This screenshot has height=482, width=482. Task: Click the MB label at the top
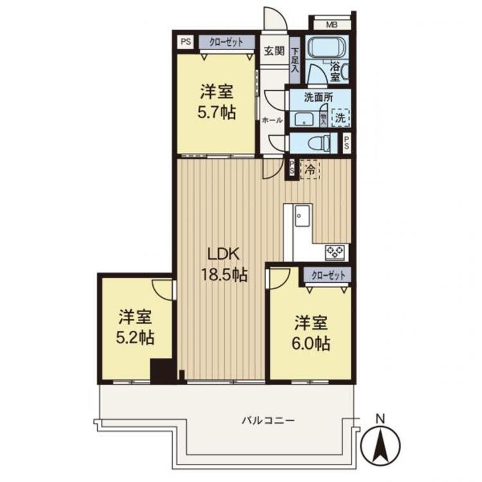tap(331, 25)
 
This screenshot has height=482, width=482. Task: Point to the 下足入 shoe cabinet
tap(294, 59)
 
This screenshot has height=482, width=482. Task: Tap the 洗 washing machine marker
tap(340, 118)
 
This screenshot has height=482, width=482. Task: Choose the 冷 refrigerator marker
tap(310, 170)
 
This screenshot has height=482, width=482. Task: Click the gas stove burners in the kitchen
tap(336, 252)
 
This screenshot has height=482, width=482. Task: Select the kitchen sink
tap(301, 216)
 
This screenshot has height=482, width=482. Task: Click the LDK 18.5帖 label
tap(222, 264)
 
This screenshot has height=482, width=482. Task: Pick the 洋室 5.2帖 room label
tap(136, 326)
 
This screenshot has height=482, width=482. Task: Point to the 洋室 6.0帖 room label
tap(312, 332)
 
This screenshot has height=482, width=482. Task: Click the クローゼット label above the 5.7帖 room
tap(226, 42)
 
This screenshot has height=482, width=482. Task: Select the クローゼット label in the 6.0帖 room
tap(328, 275)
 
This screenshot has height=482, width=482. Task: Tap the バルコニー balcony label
tap(268, 420)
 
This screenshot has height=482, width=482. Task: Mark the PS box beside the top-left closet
tap(186, 42)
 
